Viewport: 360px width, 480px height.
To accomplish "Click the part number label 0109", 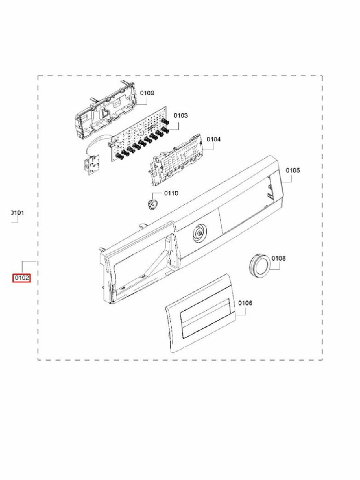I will point(147,93).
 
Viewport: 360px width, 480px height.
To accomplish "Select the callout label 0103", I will point(180,115).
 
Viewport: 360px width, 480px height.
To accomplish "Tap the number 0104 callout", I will point(214,139).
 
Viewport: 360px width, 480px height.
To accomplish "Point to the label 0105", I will point(293,170).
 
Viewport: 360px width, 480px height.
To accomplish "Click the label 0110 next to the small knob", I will point(171,193).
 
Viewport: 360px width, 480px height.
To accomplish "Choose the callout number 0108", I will point(278,258).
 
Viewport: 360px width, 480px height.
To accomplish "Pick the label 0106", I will point(245,303).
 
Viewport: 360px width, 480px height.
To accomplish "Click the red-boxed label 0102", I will point(21,278).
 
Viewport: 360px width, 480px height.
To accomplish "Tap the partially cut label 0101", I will point(17,213).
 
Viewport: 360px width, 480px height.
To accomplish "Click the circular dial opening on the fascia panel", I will point(198,233).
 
